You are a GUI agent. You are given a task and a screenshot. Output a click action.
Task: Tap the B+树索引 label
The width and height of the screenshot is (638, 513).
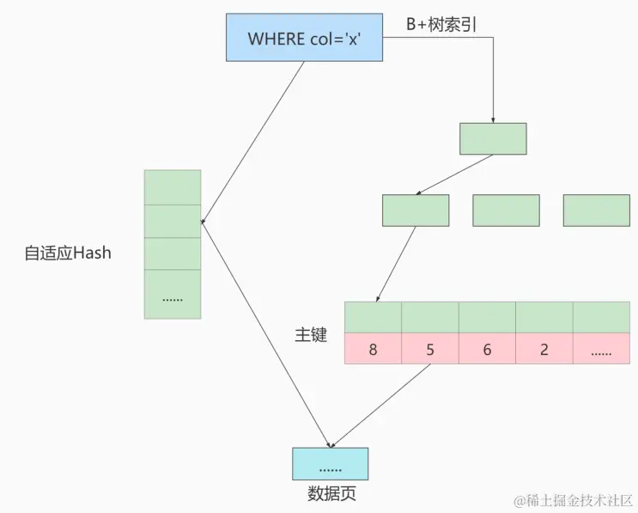[441, 24]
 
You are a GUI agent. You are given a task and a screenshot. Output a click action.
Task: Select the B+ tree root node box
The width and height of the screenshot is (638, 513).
[493, 138]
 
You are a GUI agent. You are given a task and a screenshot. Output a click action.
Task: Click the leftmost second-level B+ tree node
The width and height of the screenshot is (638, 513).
[416, 211]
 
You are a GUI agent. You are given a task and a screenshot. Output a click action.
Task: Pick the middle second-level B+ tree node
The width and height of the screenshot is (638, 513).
[506, 211]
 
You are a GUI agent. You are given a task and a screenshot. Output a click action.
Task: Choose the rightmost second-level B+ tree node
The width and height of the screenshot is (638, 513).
[597, 211]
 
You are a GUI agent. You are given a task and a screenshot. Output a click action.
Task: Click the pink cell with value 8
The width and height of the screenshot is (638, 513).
[373, 349]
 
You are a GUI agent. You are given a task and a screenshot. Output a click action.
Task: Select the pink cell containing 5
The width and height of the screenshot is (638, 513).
[430, 349]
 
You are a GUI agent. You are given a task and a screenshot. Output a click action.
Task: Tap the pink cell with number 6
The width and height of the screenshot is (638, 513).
[487, 349]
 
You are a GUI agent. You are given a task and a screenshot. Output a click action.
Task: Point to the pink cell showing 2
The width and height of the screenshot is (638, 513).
[544, 349]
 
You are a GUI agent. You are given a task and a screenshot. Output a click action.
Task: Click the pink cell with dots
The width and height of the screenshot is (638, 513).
[601, 349]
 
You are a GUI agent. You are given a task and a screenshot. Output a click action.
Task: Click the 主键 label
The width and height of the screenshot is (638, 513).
[311, 335]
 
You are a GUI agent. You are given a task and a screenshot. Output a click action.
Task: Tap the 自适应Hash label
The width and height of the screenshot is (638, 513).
[68, 253]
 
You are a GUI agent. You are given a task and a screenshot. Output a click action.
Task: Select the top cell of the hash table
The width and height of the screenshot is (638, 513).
[173, 186]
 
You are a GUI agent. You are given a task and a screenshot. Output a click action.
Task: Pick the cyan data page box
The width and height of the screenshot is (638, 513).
[330, 464]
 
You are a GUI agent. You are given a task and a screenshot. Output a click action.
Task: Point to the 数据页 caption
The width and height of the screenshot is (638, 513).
[331, 494]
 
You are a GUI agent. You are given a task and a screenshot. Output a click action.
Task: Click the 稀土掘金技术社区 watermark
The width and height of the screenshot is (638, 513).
[573, 499]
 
